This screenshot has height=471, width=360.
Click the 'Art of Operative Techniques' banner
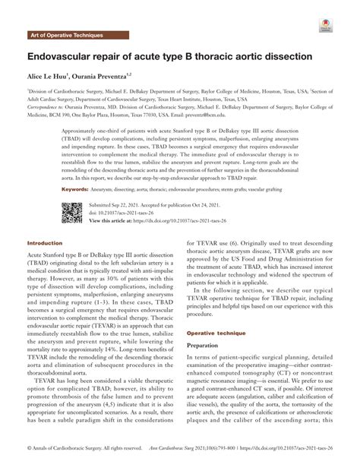pos(66,36)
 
